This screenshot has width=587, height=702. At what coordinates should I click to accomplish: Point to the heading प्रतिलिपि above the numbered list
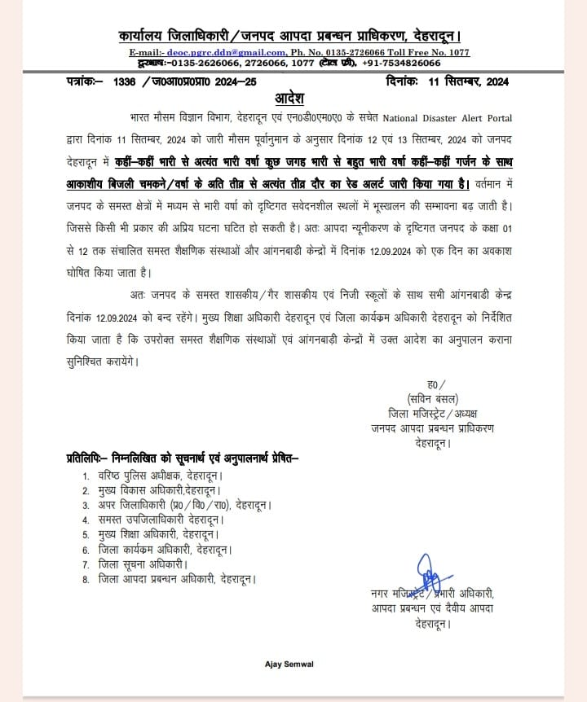[86, 459]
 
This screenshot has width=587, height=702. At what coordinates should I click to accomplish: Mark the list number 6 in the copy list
[85, 550]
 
